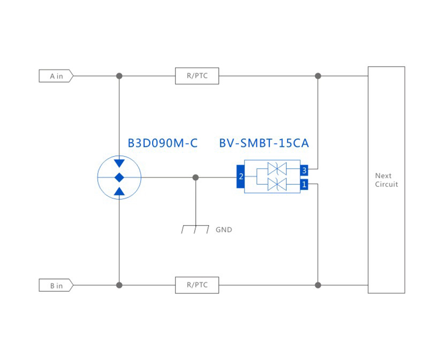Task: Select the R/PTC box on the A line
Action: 197,76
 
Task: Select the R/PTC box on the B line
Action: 197,285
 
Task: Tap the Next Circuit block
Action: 386,180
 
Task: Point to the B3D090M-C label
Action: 162,143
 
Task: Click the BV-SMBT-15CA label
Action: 264,143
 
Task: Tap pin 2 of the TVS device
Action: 241,177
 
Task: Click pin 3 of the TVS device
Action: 304,171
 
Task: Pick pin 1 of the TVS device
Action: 304,185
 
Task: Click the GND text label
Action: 224,230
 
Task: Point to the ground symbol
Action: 195,229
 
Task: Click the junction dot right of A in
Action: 120,76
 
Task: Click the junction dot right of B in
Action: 120,285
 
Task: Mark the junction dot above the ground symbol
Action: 195,177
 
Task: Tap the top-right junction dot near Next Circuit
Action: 318,76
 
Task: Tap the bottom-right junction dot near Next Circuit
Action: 318,285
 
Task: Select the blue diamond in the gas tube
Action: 120,177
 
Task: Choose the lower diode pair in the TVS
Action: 277,185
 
